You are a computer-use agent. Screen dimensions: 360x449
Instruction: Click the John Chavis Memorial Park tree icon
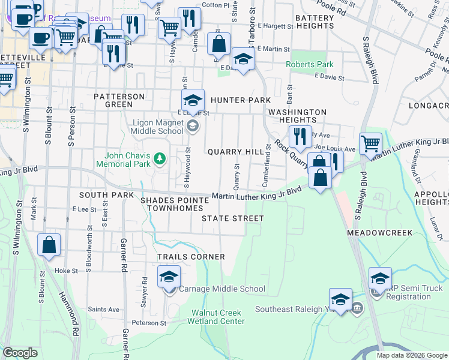(x=160, y=158)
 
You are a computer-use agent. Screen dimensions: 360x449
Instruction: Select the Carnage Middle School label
(x=222, y=289)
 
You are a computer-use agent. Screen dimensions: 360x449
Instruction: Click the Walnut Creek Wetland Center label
(x=216, y=317)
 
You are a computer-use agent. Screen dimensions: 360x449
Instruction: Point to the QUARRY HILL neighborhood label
(x=235, y=152)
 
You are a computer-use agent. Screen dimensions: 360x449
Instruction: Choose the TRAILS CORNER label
(x=191, y=257)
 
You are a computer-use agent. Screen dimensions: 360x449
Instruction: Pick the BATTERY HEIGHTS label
(x=314, y=22)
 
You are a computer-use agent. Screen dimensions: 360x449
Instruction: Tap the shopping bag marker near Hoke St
(x=49, y=245)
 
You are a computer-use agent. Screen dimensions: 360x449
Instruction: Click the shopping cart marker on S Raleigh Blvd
(x=370, y=144)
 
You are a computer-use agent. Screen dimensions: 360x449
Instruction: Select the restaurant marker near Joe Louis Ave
(x=299, y=137)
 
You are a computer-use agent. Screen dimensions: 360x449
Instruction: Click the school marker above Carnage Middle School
(x=169, y=277)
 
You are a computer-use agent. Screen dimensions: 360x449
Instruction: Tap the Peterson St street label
(x=149, y=323)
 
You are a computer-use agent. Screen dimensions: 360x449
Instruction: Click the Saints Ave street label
(x=104, y=309)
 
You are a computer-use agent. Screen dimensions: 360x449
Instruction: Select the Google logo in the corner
(x=20, y=353)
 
